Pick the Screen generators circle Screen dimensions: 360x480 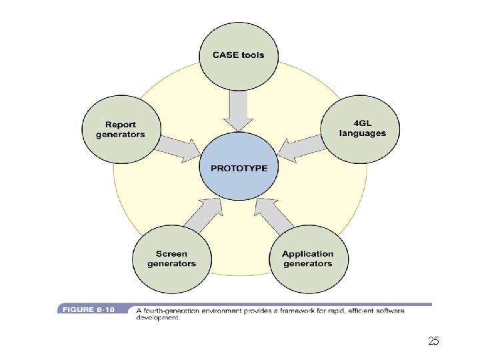[x=171, y=258]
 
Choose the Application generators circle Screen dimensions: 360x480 [x=307, y=258]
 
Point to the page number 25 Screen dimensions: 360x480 [x=433, y=341]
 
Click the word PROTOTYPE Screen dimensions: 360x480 [x=239, y=168]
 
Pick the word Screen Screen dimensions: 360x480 [x=171, y=253]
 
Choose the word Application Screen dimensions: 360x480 [x=307, y=253]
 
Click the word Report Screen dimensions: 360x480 [x=120, y=124]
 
